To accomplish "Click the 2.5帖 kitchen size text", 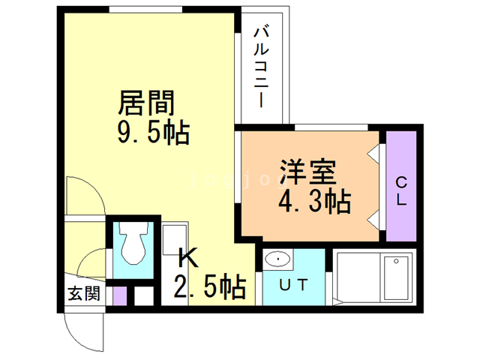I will click(x=210, y=286).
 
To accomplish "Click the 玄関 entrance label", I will click(x=83, y=293).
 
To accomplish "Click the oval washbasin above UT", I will click(x=278, y=260).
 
